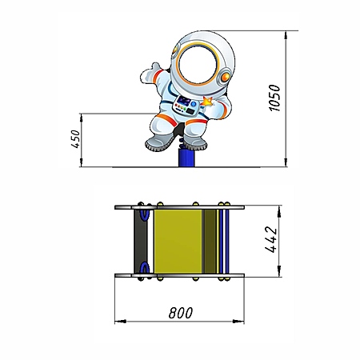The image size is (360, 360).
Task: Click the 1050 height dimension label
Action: pos(274,98)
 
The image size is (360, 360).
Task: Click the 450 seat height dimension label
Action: pos(76,139)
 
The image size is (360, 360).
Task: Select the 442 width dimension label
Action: pos(271,239)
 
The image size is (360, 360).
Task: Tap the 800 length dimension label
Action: pos(181,313)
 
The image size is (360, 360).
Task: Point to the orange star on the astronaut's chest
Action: pos(207,102)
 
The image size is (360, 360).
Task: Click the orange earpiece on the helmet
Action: pos(225,77)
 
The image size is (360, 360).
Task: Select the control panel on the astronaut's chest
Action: pos(186,106)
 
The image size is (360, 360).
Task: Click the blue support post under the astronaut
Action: pos(186,158)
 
